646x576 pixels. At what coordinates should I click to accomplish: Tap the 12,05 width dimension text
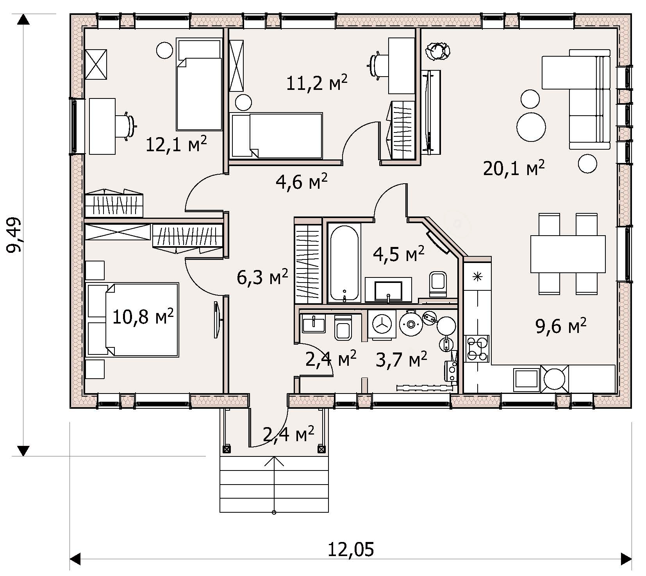(x=350, y=549)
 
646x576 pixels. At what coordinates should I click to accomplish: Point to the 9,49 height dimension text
(x=15, y=235)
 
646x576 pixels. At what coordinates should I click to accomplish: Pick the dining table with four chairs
(x=568, y=254)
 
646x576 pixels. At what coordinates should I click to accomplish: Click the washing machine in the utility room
(x=382, y=323)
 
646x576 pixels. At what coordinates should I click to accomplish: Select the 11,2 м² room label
(x=316, y=83)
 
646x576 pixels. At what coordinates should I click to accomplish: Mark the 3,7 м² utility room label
(x=402, y=360)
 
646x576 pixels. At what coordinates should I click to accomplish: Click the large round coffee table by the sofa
(x=531, y=127)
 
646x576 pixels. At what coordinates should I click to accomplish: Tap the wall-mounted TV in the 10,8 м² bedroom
(x=218, y=320)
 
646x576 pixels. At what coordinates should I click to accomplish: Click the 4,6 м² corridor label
(x=302, y=182)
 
